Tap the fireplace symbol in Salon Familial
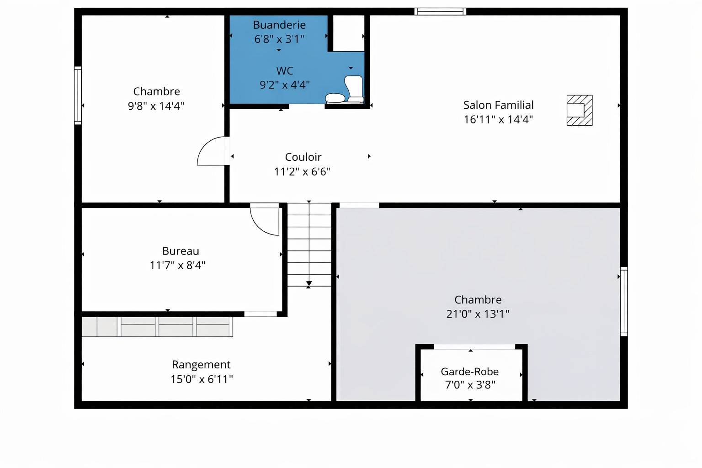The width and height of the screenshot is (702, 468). tap(579, 110)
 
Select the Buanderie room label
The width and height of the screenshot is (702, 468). tap(279, 25)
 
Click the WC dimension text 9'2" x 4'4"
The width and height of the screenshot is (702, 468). tap(284, 85)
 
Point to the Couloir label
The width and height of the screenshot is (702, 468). tap(303, 157)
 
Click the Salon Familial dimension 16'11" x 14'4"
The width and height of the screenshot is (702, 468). tap(498, 119)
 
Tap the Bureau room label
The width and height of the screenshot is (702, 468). tap(181, 251)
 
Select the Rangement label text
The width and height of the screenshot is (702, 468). tap(201, 364)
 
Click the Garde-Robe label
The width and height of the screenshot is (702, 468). tap(469, 372)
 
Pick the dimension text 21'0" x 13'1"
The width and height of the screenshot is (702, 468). tap(478, 314)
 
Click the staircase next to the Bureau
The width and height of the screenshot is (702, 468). tap(309, 245)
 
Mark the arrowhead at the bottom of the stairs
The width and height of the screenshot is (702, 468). tap(309, 284)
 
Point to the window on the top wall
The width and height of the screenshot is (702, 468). tap(440, 11)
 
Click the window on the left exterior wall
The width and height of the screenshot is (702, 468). tap(78, 96)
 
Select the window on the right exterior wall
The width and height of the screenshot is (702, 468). tap(623, 301)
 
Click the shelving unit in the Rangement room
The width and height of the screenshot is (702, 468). tap(157, 326)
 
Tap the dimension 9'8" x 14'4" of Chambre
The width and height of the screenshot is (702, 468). tap(156, 106)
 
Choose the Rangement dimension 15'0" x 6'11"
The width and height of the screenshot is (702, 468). tap(202, 379)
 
